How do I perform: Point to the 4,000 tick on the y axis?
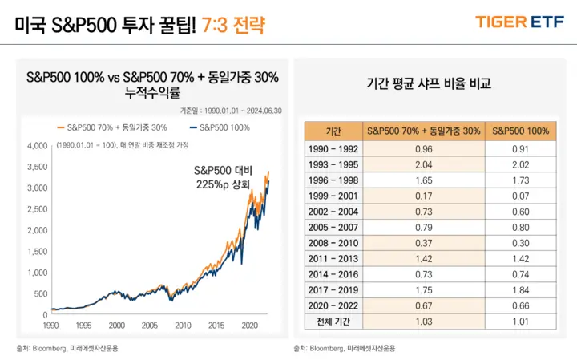click(x=38, y=146)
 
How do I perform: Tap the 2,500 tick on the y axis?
click(x=38, y=208)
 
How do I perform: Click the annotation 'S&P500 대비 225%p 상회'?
click(x=222, y=177)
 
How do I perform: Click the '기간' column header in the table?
click(x=333, y=131)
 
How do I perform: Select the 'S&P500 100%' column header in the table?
click(x=520, y=131)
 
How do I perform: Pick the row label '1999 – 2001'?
click(x=333, y=195)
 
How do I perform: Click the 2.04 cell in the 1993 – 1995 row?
click(x=422, y=164)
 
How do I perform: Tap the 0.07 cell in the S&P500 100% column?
click(x=520, y=195)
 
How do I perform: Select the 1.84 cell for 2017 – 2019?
click(x=520, y=289)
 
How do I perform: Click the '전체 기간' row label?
click(x=333, y=321)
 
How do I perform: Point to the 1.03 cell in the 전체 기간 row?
click(x=422, y=321)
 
